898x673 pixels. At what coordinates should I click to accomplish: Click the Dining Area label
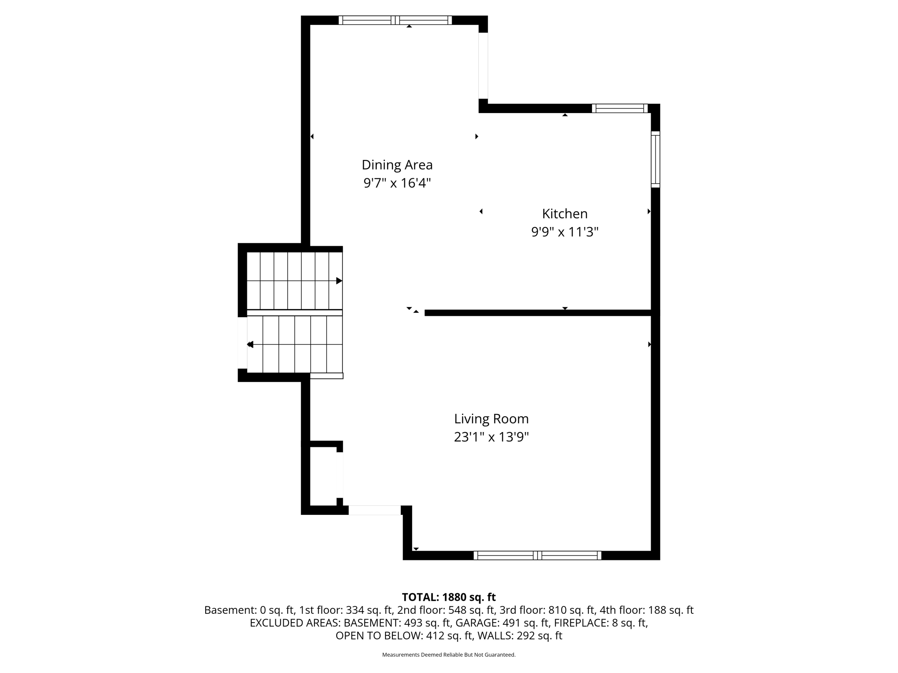[397, 165]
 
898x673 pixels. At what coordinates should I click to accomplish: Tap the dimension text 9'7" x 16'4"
[397, 183]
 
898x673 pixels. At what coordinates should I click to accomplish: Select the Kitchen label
[564, 214]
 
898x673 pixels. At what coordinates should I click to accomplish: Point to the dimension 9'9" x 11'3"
[564, 232]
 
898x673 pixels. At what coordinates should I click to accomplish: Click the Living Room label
[491, 419]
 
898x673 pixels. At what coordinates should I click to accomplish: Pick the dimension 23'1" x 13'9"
[491, 437]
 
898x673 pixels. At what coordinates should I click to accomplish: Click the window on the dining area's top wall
[395, 20]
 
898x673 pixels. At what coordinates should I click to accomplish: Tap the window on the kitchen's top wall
[620, 108]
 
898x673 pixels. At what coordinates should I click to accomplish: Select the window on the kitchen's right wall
[655, 159]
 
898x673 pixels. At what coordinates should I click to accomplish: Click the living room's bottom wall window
[537, 555]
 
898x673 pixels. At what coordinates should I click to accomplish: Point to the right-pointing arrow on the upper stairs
[339, 281]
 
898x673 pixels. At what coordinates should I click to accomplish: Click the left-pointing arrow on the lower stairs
[250, 345]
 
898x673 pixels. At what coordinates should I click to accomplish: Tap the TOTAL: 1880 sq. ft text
[449, 597]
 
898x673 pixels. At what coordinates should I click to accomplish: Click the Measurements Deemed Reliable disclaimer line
[449, 655]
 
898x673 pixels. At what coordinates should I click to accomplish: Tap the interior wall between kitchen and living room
[537, 313]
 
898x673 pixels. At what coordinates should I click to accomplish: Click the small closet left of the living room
[323, 476]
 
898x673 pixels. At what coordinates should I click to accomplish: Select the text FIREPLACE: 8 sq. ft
[600, 623]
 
